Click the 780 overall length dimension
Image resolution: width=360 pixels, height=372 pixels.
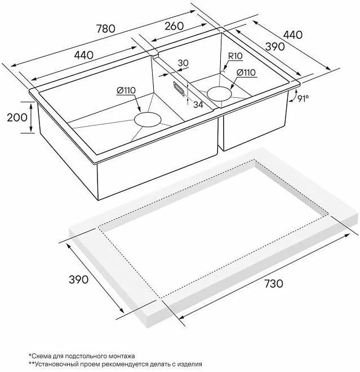click(106, 29)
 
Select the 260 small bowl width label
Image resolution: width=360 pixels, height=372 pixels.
click(174, 26)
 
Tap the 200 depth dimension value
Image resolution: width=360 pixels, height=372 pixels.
click(17, 118)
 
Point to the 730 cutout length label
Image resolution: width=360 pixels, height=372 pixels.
click(274, 284)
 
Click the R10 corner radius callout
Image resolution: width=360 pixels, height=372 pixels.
click(235, 56)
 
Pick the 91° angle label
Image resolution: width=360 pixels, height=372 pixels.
click(303, 98)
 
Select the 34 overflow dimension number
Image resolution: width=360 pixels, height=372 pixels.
click(198, 105)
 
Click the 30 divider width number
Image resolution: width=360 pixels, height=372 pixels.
click(183, 63)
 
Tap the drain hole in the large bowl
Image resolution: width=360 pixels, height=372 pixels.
click(148, 119)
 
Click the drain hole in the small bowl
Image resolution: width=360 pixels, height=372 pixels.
click(219, 94)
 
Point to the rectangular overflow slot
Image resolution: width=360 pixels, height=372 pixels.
click(178, 88)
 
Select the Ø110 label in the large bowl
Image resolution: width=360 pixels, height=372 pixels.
click(126, 91)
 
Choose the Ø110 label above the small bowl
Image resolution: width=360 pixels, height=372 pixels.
click(246, 73)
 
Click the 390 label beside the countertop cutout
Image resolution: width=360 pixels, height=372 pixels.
click(79, 280)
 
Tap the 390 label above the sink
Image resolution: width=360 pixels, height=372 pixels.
click(275, 47)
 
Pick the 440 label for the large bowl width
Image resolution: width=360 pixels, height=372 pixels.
click(83, 55)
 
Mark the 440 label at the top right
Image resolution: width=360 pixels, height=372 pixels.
click(293, 35)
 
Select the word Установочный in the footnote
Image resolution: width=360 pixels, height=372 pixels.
click(50, 364)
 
